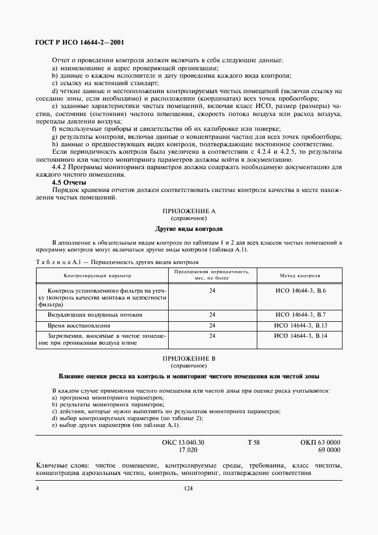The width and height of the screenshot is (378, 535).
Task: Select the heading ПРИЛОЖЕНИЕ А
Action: [x=189, y=211]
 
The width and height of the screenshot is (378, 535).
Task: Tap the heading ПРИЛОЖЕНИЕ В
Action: [x=189, y=358]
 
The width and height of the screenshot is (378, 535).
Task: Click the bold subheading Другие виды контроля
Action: [x=189, y=229]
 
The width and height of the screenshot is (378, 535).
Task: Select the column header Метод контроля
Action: [x=300, y=275]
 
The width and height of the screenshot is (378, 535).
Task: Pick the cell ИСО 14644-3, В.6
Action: [x=300, y=291]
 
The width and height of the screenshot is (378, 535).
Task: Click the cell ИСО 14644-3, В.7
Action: [x=300, y=315]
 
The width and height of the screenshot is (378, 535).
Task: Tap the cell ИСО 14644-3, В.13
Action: [x=300, y=325]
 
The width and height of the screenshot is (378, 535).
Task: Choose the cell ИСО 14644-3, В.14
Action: [x=300, y=336]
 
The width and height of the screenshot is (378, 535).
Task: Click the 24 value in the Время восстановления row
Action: [x=212, y=325]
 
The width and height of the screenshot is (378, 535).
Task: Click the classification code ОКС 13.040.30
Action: [x=184, y=442]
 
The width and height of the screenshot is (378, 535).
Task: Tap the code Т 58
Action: [x=253, y=442]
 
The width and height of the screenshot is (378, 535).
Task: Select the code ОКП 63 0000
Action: [x=320, y=442]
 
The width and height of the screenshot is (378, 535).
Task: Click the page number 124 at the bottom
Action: [x=189, y=489]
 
